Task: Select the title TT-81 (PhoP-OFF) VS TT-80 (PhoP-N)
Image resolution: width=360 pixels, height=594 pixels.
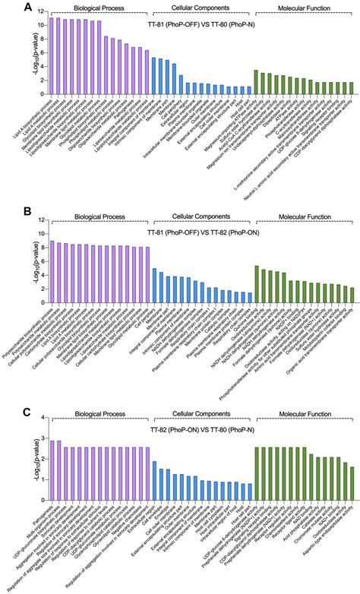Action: pos(201,20)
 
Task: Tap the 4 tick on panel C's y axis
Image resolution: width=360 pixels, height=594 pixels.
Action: pos(42,417)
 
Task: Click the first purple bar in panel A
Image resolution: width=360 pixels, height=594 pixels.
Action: pos(52,55)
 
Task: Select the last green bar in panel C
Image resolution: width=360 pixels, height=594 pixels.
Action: pos(352,479)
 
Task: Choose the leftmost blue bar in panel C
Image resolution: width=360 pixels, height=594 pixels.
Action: pos(154,476)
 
